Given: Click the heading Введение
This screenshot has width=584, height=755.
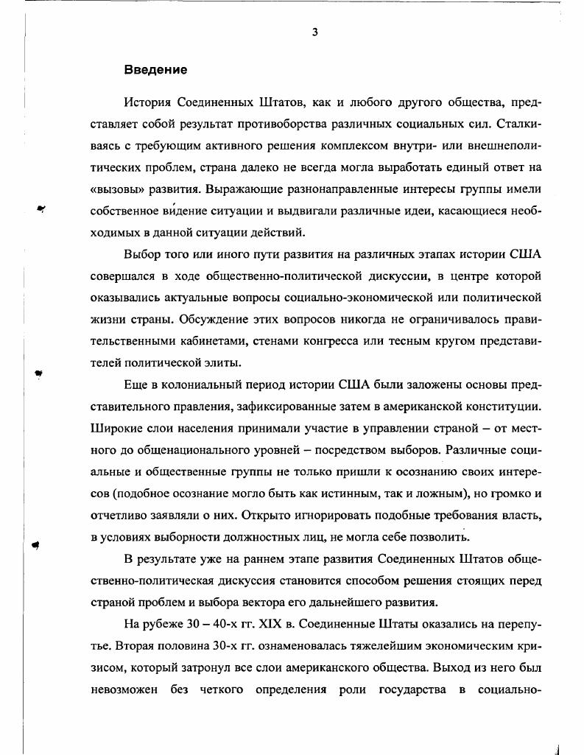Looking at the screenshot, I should pos(155,70).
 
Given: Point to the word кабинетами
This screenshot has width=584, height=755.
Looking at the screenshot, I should pos(197,341).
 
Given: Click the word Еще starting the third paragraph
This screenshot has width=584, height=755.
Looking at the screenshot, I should pos(136,384).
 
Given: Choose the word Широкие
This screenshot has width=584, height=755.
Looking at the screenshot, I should pos(115,428).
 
